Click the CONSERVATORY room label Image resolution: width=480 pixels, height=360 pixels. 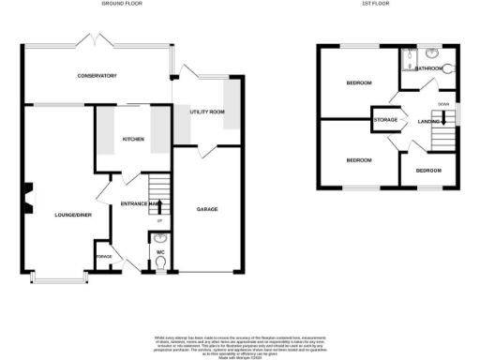97,75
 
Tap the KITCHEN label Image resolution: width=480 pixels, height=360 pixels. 132,140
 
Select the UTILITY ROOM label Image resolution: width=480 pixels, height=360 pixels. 206,112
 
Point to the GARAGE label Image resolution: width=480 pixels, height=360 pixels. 206,209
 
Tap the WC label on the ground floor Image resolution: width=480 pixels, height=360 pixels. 160,252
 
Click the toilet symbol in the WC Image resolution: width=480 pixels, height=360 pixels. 161,265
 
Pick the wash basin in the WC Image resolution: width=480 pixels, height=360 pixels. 160,239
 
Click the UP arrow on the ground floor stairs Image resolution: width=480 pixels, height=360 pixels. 157,206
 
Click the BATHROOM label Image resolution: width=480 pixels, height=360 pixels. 429,68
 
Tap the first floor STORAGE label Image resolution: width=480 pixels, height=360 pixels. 385,120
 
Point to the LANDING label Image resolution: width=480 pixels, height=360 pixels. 429,120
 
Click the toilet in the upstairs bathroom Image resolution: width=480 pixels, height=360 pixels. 448,68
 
